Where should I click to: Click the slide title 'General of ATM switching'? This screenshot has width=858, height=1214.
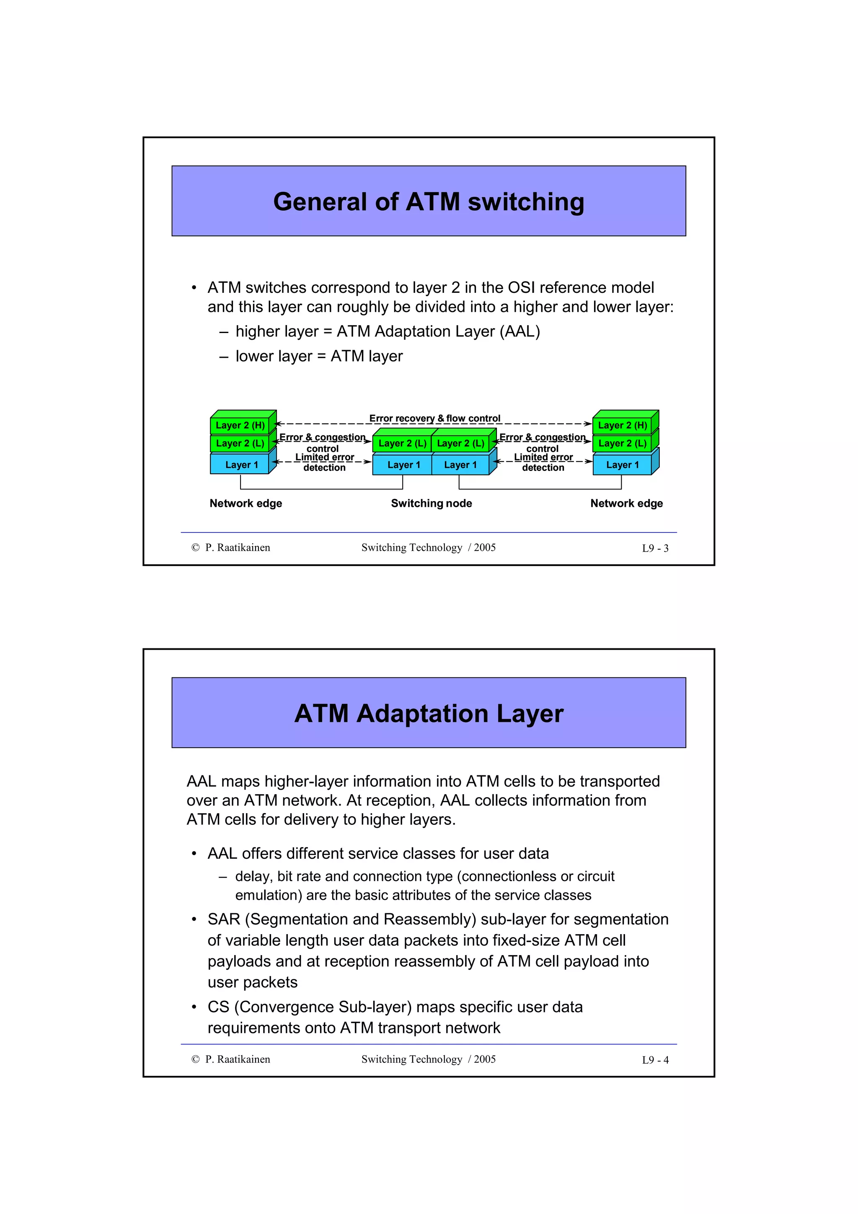(428, 202)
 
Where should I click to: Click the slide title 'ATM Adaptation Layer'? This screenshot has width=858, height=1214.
(428, 713)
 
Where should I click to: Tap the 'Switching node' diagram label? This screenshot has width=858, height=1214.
(432, 504)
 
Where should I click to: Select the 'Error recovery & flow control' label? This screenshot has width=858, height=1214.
(434, 418)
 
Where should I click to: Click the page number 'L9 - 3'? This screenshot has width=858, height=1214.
(655, 548)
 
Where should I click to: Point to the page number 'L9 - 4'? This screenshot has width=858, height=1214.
(655, 1060)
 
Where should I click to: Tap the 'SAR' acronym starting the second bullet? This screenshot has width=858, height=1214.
(224, 920)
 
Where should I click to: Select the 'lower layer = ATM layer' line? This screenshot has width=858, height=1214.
(319, 356)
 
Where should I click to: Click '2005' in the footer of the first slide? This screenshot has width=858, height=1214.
(484, 548)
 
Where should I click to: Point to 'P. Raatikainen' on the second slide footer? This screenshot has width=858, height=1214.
(238, 1059)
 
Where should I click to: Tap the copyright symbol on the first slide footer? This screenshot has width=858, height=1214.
(196, 548)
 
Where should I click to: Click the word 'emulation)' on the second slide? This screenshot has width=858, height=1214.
(269, 895)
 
